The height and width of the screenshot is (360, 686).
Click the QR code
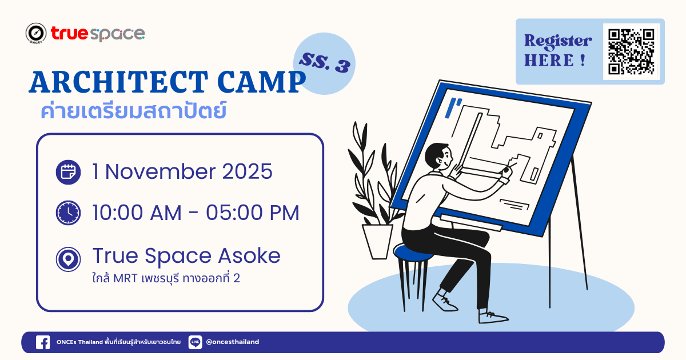tap(631, 52)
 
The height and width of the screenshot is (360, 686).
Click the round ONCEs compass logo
tap(36, 33)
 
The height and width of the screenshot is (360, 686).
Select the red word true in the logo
tap(69, 33)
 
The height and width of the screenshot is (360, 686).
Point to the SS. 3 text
tap(325, 63)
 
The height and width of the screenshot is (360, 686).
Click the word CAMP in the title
tap(261, 82)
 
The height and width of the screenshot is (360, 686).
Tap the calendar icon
tap(68, 172)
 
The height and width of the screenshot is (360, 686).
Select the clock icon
tap(68, 213)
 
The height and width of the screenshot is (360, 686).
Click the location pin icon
tap(68, 259)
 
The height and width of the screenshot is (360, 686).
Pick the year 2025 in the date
tap(247, 171)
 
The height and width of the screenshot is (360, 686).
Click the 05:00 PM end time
tap(252, 213)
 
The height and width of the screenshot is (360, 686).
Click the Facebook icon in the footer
tap(43, 342)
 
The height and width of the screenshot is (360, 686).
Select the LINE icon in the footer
tap(195, 342)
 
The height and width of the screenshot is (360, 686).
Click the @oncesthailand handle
tap(233, 342)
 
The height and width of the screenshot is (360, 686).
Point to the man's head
tap(438, 157)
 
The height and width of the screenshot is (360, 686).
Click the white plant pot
tap(377, 242)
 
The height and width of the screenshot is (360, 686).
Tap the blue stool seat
tap(412, 253)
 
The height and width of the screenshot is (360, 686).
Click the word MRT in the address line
tap(125, 279)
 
